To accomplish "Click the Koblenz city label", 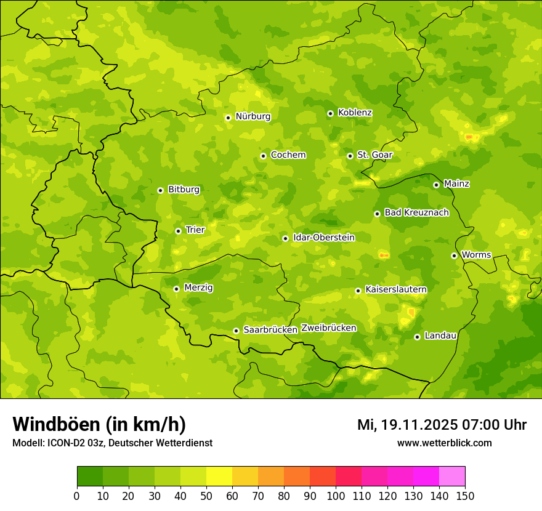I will coord(355,113).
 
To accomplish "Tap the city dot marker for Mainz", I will coord(436,185).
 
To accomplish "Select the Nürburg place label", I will coord(253,116).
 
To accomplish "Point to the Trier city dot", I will coord(178,231).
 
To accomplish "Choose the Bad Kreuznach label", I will coord(416,212).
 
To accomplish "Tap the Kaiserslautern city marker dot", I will coord(358,291).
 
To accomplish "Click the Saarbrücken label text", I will coord(270,330).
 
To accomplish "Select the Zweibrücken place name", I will coord(328,328).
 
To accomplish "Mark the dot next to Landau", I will coord(417,337).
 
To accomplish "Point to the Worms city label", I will coord(475,255).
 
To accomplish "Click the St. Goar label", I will coord(374,155).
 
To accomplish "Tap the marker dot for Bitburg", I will coord(160,190).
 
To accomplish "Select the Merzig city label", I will coord(198,288).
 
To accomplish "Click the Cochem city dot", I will coord(263,156).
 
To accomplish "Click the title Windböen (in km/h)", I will coord(99,424).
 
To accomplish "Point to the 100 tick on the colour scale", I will coord(336,496).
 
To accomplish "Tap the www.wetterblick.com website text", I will coord(444,443).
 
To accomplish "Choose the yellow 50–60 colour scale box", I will coord(219,477).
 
